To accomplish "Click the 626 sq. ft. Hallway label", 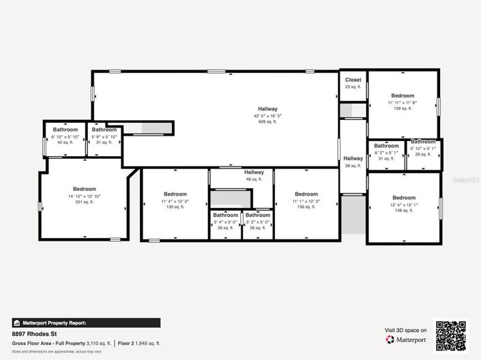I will [x=267, y=109].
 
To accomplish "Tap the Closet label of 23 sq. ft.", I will [x=353, y=80].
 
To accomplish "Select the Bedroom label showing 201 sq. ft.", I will [x=85, y=189].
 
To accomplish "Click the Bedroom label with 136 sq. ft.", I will [x=306, y=194].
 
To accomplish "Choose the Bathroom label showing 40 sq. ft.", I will [x=65, y=130].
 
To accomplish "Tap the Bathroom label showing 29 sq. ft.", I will [x=423, y=142].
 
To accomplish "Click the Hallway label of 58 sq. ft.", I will [x=353, y=159].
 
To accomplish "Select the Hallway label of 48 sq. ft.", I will [x=254, y=172].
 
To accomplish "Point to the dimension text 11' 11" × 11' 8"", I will [x=403, y=103].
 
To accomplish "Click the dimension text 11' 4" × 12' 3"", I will [x=175, y=201].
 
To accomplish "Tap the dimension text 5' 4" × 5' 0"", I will [x=225, y=222].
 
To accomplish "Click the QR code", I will [x=451, y=335].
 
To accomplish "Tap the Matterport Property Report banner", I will [x=86, y=323].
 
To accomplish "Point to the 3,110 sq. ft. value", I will [x=98, y=343].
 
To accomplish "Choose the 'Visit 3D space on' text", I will [x=406, y=330].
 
